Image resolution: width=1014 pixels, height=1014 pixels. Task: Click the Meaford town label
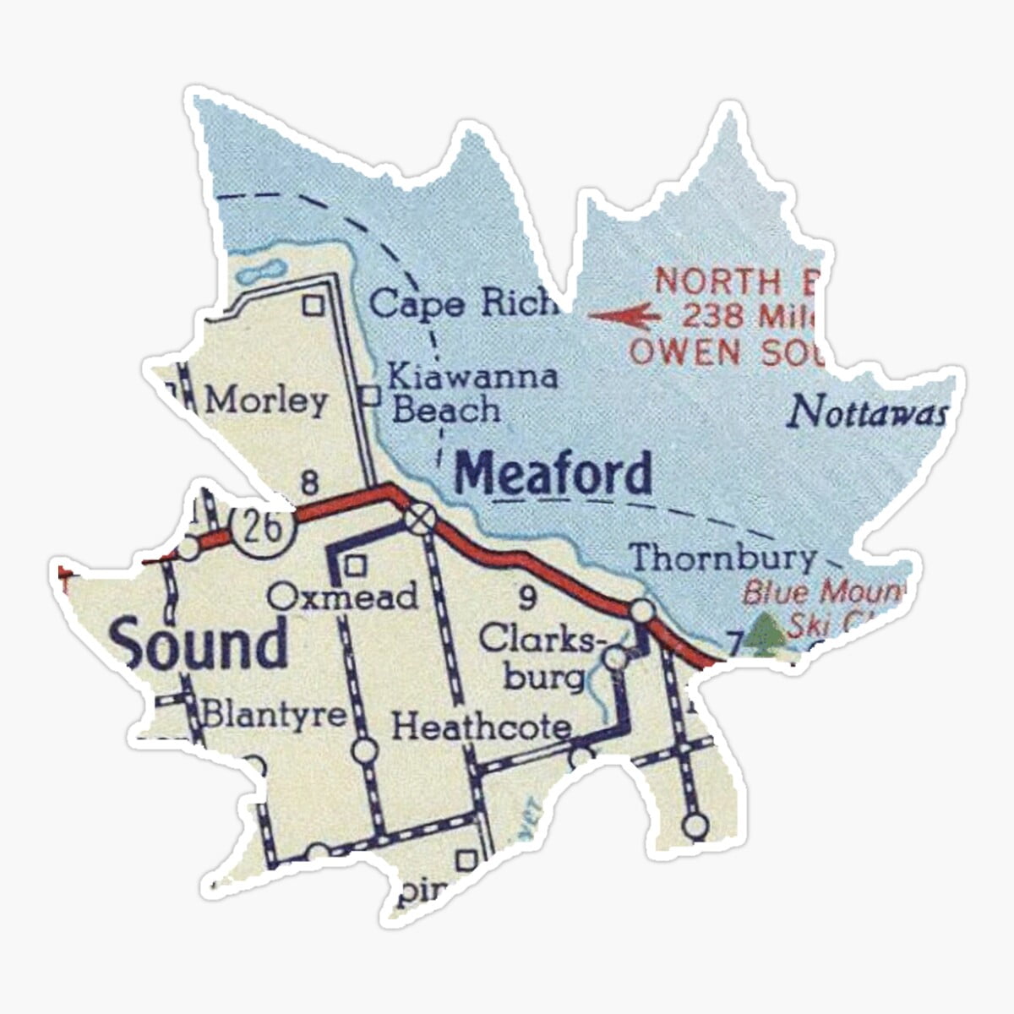tap(553, 473)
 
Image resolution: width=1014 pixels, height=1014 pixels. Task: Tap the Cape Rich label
tap(463, 303)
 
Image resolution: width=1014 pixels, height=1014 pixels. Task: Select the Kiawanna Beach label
tap(472, 393)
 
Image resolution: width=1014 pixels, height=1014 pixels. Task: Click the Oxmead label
tap(344, 597)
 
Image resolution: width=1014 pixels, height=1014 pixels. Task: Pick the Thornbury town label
tap(723, 559)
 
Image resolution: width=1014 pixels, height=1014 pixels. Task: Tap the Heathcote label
tap(481, 726)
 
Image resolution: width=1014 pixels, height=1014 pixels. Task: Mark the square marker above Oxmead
tap(357, 564)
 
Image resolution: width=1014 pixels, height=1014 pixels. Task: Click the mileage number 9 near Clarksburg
tap(527, 598)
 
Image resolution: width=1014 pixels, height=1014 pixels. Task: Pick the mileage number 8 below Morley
tap(310, 484)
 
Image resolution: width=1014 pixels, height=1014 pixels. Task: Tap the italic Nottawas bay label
tap(867, 413)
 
